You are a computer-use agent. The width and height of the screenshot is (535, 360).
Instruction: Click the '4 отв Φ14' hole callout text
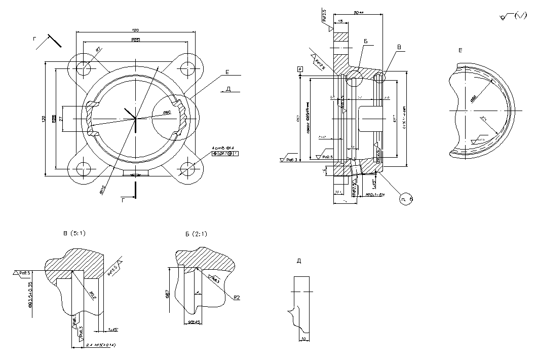click(x=223, y=148)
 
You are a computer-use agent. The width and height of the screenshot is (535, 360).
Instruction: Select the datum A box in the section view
click(x=300, y=68)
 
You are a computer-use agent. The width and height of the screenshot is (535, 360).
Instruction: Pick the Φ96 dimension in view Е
click(x=474, y=99)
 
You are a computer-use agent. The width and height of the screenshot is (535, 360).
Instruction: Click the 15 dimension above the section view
click(x=340, y=21)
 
